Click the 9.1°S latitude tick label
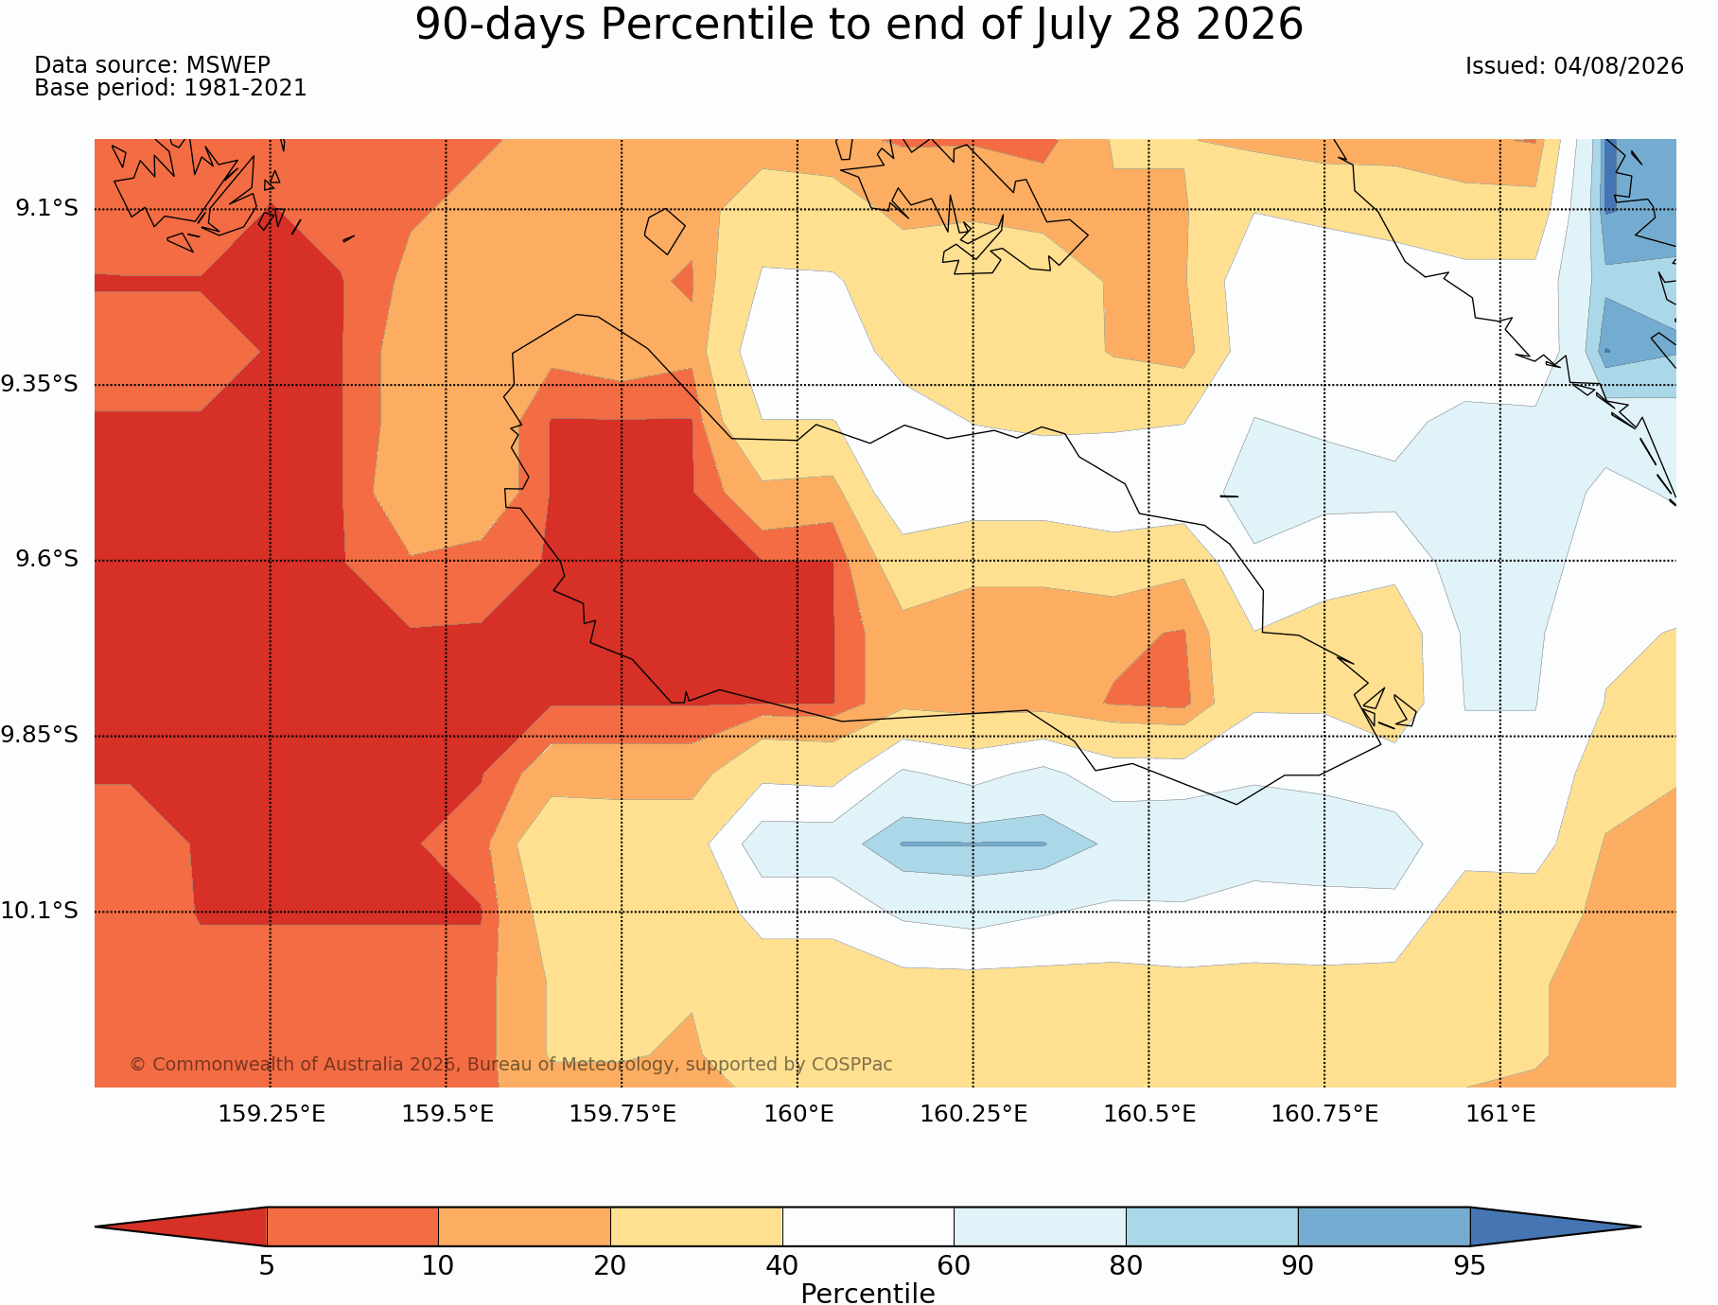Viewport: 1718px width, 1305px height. click(x=46, y=208)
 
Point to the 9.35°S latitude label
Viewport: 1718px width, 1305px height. click(x=39, y=384)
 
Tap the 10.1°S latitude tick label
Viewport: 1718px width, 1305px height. click(x=39, y=911)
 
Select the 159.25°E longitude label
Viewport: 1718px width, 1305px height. click(x=272, y=1114)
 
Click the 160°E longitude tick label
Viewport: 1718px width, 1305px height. click(x=798, y=1114)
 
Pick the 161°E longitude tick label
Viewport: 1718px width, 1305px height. click(x=1500, y=1114)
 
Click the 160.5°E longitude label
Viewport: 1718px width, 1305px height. click(x=1149, y=1114)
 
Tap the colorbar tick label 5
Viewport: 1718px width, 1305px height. click(x=267, y=1265)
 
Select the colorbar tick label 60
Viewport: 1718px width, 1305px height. click(x=954, y=1265)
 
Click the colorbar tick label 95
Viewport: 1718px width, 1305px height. click(x=1469, y=1265)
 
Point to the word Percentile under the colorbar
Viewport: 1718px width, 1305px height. click(x=868, y=1293)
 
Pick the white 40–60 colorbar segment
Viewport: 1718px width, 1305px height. click(x=868, y=1227)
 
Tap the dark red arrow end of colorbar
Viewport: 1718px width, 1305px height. click(x=181, y=1227)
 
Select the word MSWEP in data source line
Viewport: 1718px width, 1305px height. click(x=228, y=65)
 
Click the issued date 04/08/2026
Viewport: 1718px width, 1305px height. click(x=1619, y=66)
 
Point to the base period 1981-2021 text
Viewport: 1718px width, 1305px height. click(x=245, y=88)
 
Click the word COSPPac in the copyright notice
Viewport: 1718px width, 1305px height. click(x=851, y=1064)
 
